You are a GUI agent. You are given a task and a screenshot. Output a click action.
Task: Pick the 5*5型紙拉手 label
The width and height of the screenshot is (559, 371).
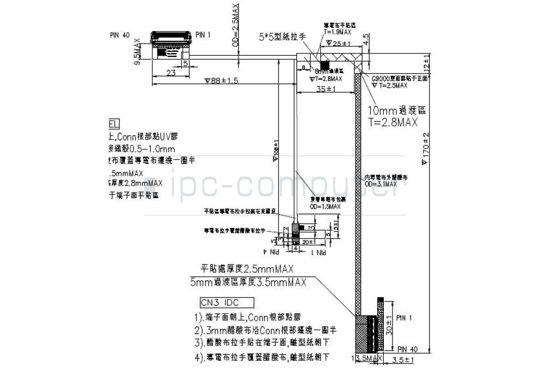(282, 37)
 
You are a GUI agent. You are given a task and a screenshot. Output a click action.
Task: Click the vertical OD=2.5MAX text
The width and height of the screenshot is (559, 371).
(235, 25)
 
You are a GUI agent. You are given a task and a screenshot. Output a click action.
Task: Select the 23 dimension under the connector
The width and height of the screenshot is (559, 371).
(170, 73)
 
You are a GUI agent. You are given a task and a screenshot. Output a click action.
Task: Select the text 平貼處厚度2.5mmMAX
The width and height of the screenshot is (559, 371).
(247, 269)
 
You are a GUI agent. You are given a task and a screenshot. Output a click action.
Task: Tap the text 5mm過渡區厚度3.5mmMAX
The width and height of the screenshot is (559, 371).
(248, 282)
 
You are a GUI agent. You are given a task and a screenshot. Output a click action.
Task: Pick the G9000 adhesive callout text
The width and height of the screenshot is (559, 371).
(396, 79)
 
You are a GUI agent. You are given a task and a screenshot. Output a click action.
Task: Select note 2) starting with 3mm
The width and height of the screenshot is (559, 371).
(265, 330)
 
